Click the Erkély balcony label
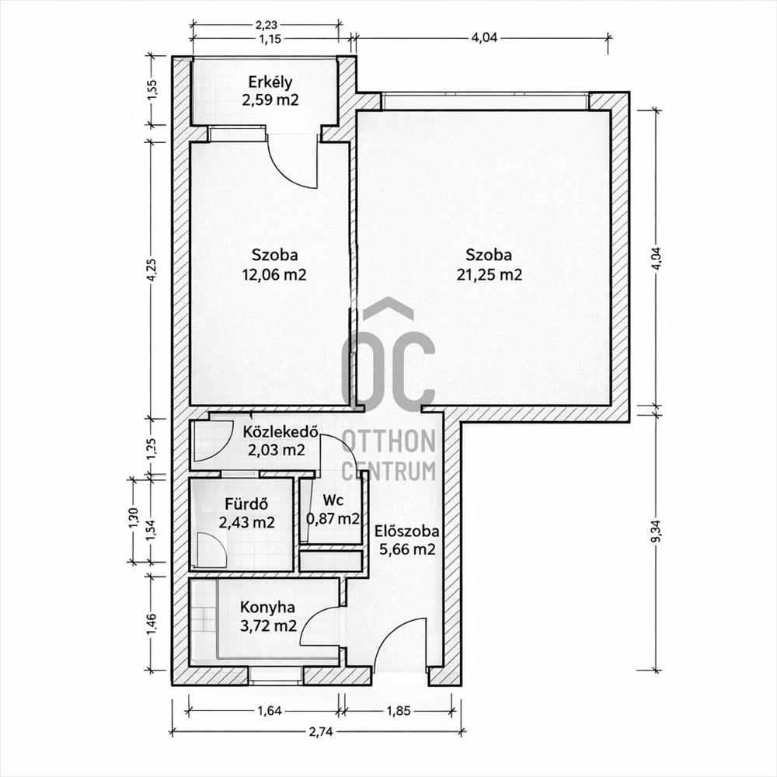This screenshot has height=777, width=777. pos(270,82)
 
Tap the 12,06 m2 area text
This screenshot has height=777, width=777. pos(274,274)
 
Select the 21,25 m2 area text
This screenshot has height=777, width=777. pos(489,274)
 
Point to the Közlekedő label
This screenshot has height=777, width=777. pos(280,431)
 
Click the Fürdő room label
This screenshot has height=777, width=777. pos(246,504)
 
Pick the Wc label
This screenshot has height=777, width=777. pos(333,500)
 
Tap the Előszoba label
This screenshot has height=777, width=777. pos(407,531)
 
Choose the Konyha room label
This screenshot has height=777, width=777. pos(267,607)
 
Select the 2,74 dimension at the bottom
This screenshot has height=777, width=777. pos(321,731)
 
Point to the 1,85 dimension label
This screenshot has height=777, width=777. pos(399,711)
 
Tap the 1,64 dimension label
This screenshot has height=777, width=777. pos(270,711)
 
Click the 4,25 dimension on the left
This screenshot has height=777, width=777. pos(152,270)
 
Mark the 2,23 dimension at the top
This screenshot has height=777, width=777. pos(266,24)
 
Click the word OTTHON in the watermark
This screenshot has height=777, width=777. pos(388,441)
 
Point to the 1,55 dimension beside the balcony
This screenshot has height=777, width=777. pos(152,90)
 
